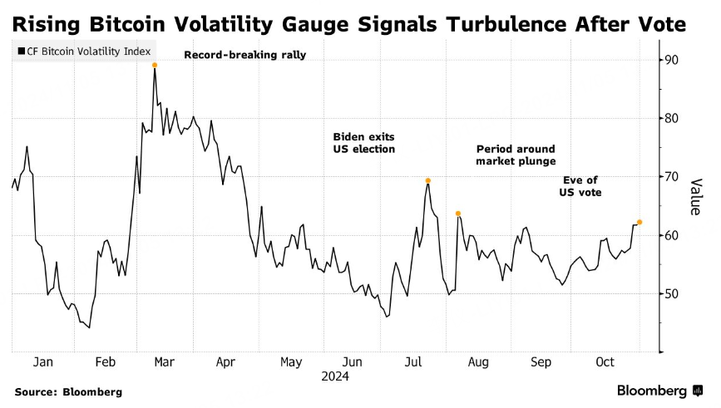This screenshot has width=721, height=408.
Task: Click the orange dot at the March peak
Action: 155,65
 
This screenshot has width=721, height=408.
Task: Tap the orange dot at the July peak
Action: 428,180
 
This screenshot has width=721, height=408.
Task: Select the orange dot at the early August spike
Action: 458,214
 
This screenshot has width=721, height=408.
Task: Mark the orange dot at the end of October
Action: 640,222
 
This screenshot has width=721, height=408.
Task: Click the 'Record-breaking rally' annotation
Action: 244,56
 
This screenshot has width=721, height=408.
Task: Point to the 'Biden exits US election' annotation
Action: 364,142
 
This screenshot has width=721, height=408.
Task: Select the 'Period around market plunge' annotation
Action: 516,155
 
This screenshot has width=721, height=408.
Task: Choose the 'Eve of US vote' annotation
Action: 580,185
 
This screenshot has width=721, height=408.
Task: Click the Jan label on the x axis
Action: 43,362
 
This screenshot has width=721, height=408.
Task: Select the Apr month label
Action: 226,362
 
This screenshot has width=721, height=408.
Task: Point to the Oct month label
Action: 605,362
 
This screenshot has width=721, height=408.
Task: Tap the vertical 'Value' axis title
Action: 696,196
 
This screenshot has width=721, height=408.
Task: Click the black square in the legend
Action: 21,52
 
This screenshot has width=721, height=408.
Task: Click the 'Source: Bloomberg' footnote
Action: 68,391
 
